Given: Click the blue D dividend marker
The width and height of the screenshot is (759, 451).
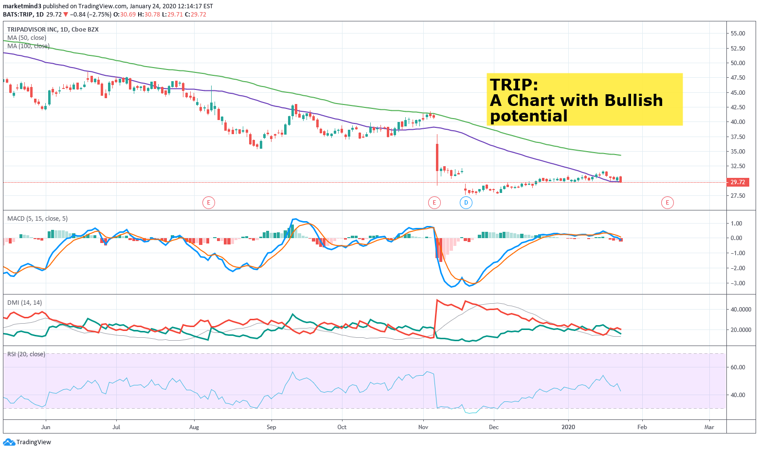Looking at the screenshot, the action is [x=466, y=203].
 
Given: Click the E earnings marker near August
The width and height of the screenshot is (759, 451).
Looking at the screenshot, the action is [x=208, y=203].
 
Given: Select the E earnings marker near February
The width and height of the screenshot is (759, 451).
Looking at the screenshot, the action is [x=667, y=203].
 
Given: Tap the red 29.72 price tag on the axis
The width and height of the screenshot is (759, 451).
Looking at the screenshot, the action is [x=737, y=182].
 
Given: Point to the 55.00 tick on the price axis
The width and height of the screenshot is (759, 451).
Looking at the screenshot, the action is [x=738, y=33].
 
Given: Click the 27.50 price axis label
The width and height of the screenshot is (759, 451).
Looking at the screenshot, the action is [x=738, y=195].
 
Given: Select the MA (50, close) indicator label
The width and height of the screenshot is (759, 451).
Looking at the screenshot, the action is [x=27, y=37].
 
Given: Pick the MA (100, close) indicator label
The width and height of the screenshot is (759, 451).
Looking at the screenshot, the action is [x=28, y=46].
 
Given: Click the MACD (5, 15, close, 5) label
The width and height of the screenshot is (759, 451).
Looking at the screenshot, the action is [x=37, y=219].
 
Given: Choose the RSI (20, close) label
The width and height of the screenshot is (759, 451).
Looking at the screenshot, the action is [x=26, y=354].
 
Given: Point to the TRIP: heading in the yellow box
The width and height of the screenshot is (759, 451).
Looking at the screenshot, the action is [x=514, y=84].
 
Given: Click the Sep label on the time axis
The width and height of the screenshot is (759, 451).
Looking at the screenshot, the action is [x=271, y=427].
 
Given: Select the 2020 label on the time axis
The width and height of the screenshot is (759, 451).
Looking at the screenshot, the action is [x=568, y=427].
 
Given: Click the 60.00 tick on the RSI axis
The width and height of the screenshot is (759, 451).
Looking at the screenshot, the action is [x=737, y=367].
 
